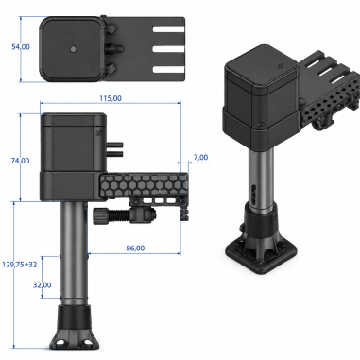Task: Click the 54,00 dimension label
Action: (21, 47)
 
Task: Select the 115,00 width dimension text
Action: (111, 98)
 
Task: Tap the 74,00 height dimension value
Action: (20, 161)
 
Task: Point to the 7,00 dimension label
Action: (200, 157)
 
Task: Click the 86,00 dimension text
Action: (135, 249)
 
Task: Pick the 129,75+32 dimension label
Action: (20, 265)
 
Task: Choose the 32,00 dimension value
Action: (43, 285)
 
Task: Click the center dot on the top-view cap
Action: (73, 49)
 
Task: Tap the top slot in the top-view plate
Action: (168, 29)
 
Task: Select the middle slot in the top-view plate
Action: (168, 49)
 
